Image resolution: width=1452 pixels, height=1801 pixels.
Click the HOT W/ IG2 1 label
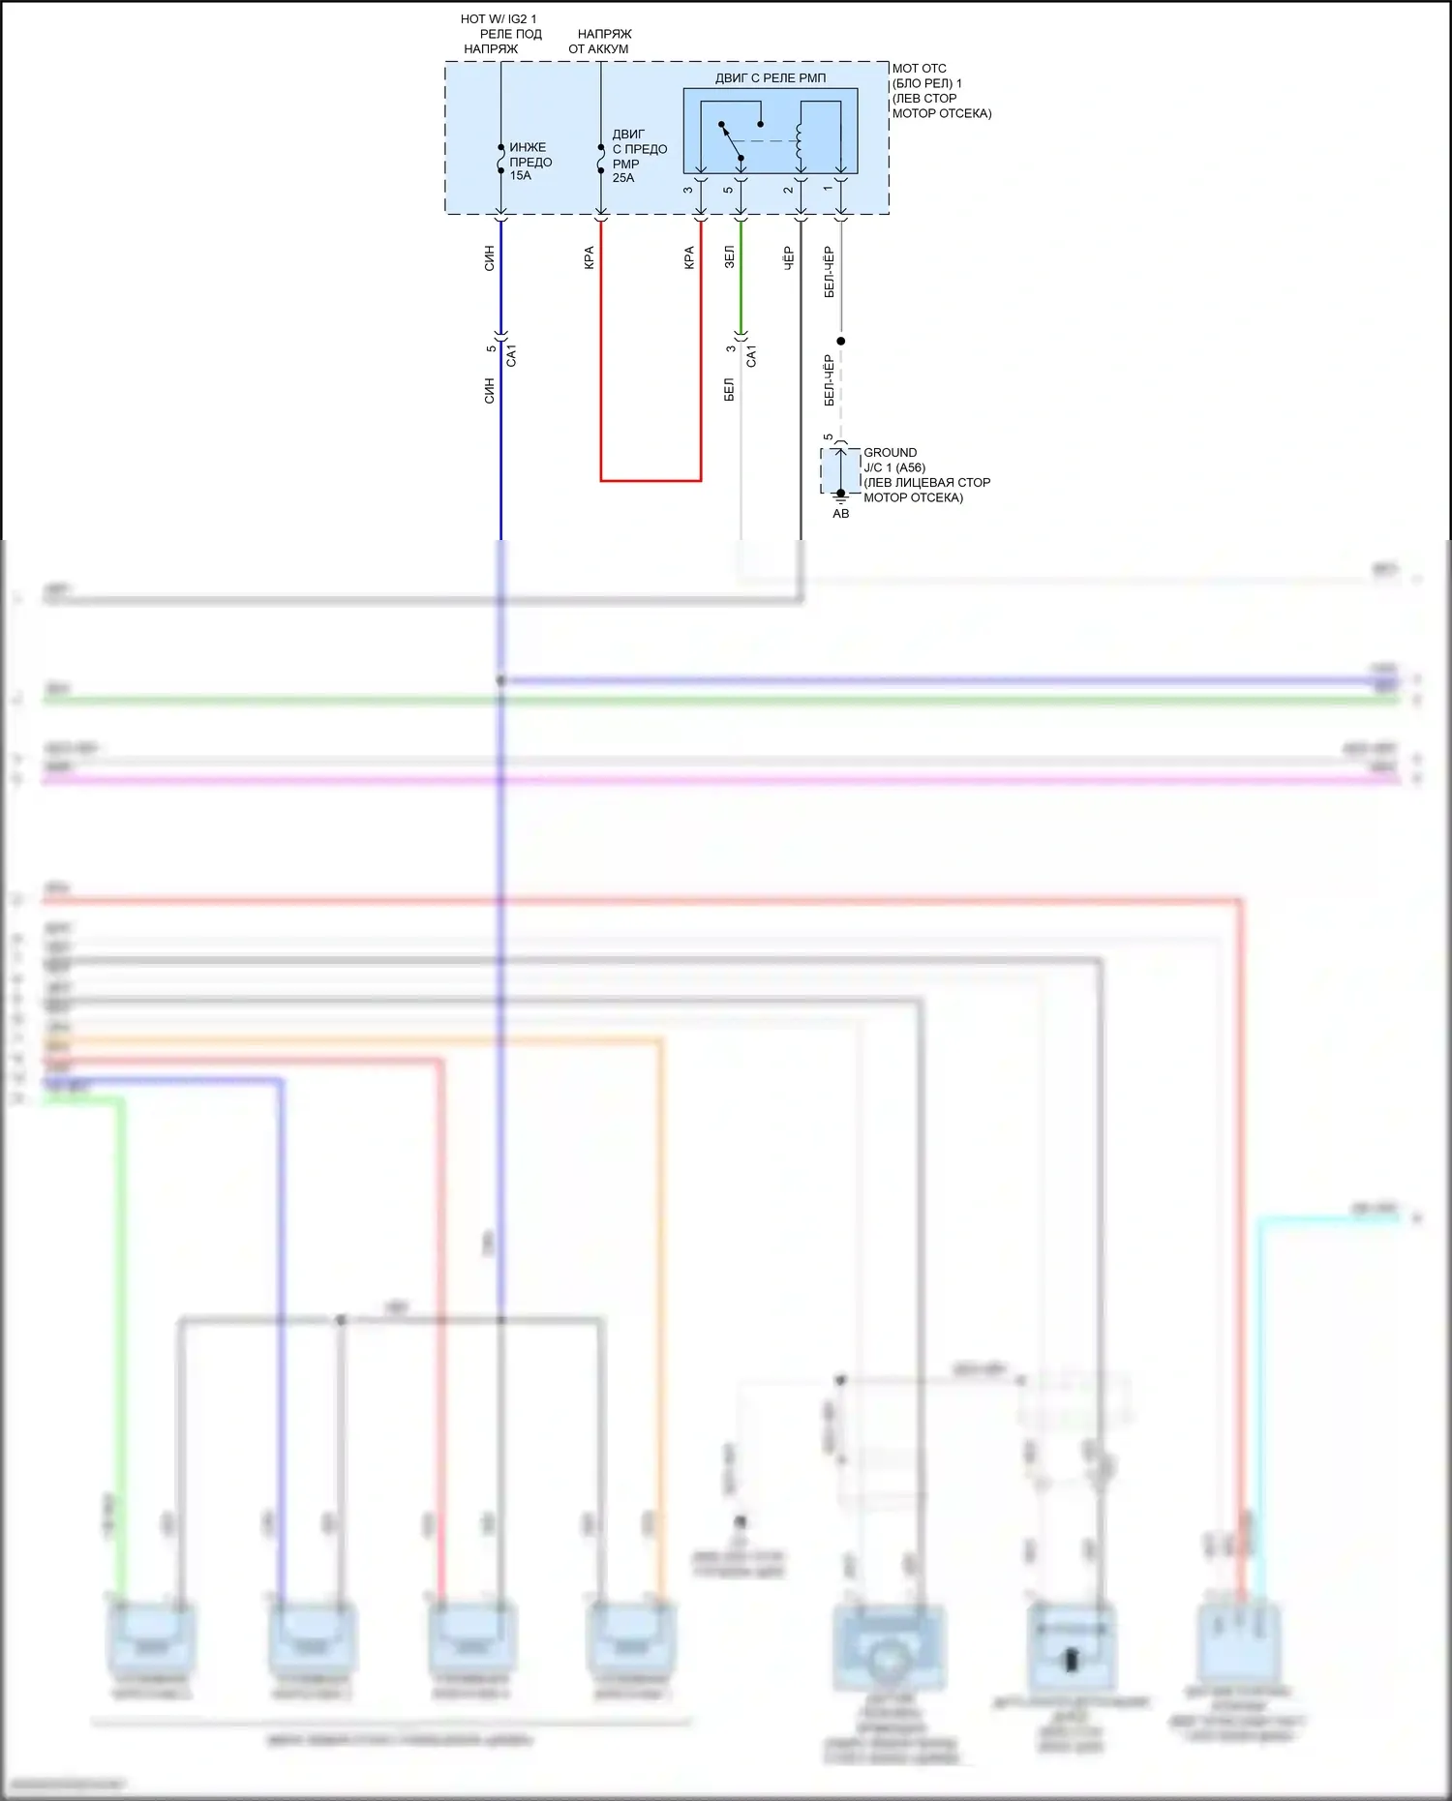(498, 18)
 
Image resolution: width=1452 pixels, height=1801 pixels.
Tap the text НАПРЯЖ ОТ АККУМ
(600, 41)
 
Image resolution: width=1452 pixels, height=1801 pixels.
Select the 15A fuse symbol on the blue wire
(500, 159)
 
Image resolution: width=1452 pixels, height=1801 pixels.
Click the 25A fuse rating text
(623, 178)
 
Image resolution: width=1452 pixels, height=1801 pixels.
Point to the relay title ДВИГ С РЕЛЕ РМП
(771, 77)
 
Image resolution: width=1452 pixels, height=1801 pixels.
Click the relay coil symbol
(800, 140)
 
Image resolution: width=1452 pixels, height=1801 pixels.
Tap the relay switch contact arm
(731, 141)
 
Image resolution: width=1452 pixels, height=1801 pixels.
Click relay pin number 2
(789, 189)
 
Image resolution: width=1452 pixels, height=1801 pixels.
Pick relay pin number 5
(728, 189)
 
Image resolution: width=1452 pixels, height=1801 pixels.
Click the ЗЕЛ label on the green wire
(729, 256)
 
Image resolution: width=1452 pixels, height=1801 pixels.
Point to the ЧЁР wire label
(789, 256)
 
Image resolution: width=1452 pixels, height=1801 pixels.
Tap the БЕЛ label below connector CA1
(729, 389)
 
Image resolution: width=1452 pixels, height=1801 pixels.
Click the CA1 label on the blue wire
(512, 354)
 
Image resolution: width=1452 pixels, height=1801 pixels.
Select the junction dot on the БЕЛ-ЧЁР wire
(840, 341)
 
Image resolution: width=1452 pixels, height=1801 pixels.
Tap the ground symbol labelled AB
(840, 498)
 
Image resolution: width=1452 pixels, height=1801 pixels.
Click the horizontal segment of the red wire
(650, 480)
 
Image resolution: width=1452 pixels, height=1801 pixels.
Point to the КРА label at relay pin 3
(689, 256)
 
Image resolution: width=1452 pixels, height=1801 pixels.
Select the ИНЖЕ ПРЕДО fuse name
(530, 155)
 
